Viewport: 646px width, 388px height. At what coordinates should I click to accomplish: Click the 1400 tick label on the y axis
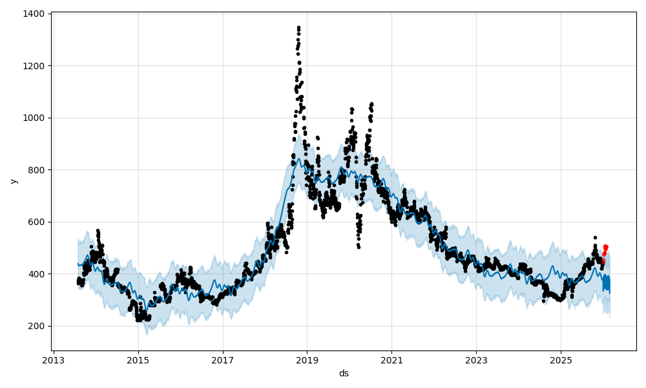click(34, 14)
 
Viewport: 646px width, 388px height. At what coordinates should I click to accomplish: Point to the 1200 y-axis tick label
click(34, 66)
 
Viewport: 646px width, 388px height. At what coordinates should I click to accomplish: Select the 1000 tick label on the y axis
click(34, 118)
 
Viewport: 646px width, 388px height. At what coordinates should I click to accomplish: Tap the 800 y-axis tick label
click(36, 170)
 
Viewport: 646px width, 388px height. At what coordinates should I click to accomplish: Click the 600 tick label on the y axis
click(36, 222)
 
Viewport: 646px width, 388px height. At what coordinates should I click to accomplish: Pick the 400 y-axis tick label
click(36, 274)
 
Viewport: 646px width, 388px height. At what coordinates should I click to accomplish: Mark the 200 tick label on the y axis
click(36, 326)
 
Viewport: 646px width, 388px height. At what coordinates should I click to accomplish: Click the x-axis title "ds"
click(344, 373)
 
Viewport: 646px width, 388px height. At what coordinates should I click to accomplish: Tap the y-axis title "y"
click(14, 181)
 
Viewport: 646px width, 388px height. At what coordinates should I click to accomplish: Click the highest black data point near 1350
click(298, 27)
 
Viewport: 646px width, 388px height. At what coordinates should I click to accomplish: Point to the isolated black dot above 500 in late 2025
click(595, 237)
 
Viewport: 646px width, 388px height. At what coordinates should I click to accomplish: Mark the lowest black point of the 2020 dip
click(359, 247)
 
